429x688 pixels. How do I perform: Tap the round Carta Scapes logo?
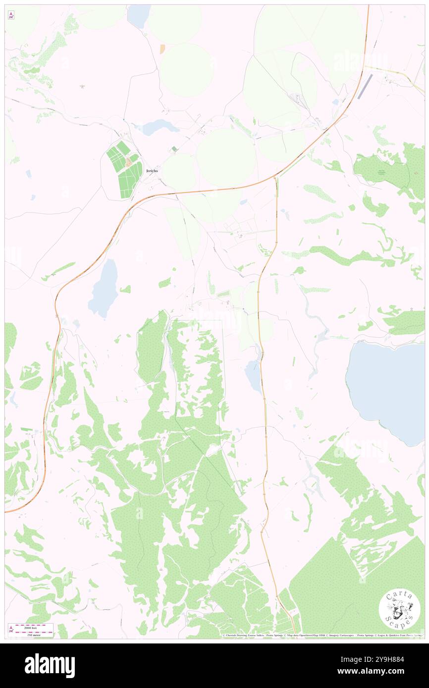(x=399, y=609)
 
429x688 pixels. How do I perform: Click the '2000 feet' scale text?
(x=33, y=625)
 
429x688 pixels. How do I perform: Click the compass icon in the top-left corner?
(x=11, y=15)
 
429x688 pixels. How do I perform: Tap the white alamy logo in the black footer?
(x=50, y=665)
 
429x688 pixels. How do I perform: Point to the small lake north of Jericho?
(x=158, y=127)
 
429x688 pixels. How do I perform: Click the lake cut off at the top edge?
(x=139, y=15)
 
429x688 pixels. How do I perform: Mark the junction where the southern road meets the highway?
(x=275, y=178)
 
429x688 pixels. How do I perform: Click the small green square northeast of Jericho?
(x=174, y=149)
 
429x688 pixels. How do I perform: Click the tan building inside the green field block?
(x=129, y=162)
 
